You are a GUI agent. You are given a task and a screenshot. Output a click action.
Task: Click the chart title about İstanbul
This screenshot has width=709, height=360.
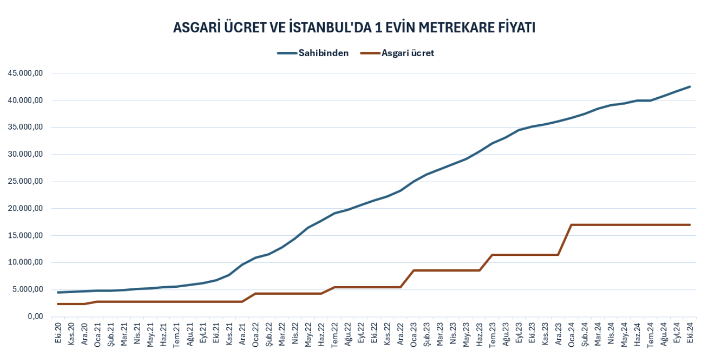coord(354,28)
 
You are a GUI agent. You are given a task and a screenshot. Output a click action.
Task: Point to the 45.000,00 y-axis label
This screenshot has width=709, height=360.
coord(25,73)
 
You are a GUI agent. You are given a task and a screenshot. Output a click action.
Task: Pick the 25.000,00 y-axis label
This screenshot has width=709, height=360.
coord(25,182)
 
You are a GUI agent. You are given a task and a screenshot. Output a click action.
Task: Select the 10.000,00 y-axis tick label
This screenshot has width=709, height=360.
coord(25,262)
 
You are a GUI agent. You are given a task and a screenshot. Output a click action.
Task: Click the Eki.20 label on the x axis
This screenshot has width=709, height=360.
coord(58,332)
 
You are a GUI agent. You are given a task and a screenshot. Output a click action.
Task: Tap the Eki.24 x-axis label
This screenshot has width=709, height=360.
coord(690,332)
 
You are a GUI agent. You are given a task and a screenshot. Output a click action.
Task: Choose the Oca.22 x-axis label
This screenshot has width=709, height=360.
coord(255,332)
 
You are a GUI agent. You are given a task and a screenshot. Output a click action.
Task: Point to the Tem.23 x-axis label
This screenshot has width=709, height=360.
coord(492,332)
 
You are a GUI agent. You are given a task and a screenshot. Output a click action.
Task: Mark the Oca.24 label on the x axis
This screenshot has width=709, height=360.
coord(571,332)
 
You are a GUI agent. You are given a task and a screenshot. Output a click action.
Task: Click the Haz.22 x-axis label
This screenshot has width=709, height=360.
coord(321,332)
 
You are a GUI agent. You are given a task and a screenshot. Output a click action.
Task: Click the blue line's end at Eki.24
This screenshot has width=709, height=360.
coord(689,87)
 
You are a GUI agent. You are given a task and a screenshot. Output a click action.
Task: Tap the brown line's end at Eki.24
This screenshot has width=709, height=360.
coord(689,225)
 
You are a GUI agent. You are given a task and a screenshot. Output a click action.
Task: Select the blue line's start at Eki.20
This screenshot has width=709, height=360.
coord(58,292)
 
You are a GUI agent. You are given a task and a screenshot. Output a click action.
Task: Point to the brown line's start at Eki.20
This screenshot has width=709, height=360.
coord(58,304)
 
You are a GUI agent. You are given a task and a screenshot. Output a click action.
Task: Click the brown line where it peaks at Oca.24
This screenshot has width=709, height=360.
coord(571,225)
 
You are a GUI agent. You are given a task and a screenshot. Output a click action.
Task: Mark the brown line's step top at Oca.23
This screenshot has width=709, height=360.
coord(413,270)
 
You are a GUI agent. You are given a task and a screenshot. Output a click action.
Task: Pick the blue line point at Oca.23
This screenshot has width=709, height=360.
coord(413,181)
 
